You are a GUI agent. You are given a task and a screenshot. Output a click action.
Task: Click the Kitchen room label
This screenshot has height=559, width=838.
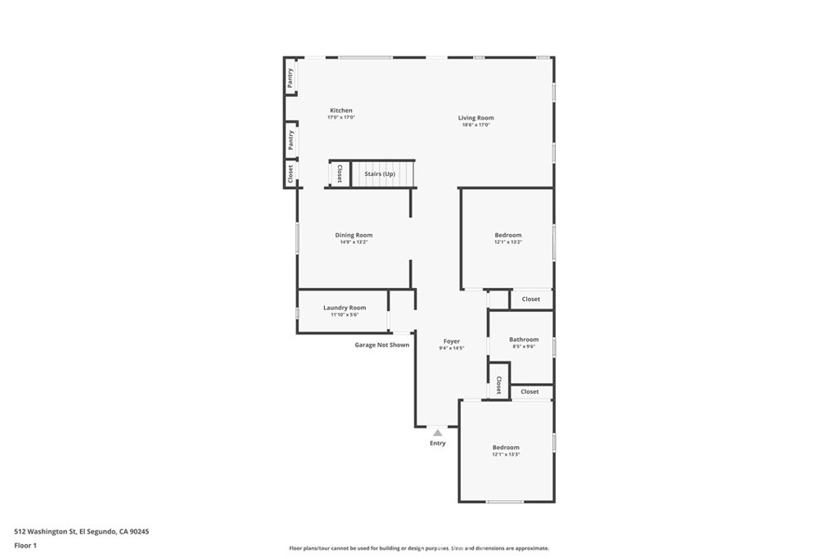tap(341, 110)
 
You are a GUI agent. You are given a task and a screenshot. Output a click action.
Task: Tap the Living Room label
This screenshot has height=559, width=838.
tap(475, 118)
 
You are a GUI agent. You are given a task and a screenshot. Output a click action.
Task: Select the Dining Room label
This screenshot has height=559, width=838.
tap(354, 235)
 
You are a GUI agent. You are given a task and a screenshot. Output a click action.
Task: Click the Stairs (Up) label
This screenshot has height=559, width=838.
tap(380, 174)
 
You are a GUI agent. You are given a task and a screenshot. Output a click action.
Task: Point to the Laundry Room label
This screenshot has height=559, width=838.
tap(345, 308)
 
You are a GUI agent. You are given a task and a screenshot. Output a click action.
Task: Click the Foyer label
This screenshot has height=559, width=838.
tap(452, 341)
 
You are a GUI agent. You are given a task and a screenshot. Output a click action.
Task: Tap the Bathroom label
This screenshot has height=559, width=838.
tap(524, 340)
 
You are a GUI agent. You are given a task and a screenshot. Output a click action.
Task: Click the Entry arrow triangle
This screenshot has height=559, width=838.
tap(438, 433)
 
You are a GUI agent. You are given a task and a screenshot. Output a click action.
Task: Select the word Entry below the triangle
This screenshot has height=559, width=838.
tap(438, 444)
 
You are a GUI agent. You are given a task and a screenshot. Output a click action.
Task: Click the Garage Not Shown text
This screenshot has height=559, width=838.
tap(381, 345)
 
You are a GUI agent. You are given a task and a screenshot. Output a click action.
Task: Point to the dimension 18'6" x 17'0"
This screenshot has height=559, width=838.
tap(475, 125)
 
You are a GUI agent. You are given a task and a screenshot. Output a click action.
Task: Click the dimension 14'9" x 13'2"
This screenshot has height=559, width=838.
tap(354, 242)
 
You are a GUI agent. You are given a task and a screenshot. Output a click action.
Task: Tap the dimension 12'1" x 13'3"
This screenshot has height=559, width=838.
tap(506, 454)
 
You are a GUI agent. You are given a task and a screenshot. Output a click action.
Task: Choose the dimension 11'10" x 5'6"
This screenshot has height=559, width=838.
tap(345, 315)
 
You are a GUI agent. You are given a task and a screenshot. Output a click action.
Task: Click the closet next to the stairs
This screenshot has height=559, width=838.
tap(340, 174)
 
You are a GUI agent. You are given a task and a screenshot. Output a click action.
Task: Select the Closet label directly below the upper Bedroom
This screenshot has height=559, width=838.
tap(531, 300)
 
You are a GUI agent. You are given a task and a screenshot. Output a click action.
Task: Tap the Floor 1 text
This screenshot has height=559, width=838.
tap(27, 545)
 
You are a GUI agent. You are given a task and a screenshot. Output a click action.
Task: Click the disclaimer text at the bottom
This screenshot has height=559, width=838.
tap(418, 548)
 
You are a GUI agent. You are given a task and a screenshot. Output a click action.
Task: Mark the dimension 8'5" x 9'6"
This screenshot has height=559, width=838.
tap(524, 347)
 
